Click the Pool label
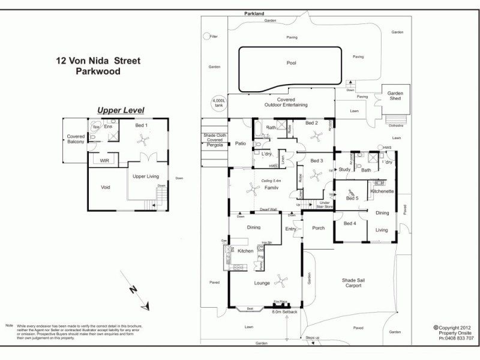pos(292,63)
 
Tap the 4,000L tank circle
pos(218,103)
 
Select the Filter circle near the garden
pos(206,37)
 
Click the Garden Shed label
pos(395,95)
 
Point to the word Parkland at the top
pos(254,13)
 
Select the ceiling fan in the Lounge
pos(281,279)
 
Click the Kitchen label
pos(246,251)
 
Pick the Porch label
pos(318,228)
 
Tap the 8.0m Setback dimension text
pos(284,312)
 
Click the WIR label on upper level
pos(103,161)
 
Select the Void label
pos(106,187)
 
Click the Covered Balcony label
pos(76,140)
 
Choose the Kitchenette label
pos(382,191)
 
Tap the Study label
pos(344,170)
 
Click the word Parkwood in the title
pos(98,71)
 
